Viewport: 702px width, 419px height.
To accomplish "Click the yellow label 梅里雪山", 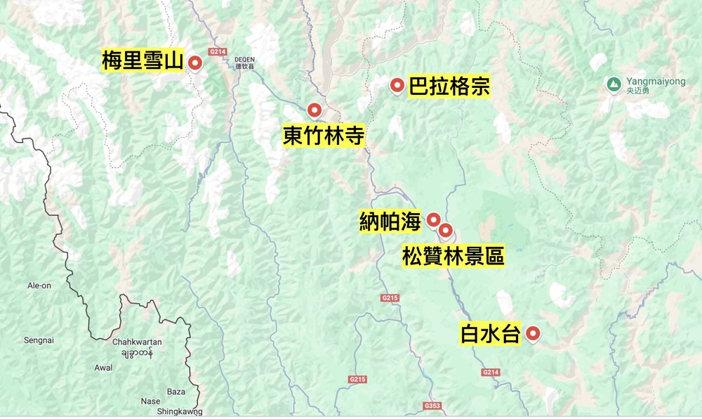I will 143,60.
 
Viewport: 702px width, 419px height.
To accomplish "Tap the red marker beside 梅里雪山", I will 197,64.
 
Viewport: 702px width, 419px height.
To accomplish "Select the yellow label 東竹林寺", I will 324,135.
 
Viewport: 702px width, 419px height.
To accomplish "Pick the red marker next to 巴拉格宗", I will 397,86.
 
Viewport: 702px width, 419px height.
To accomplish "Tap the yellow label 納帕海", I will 390,221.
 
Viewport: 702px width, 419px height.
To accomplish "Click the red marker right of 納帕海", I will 434,219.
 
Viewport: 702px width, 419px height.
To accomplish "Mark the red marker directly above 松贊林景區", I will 445,230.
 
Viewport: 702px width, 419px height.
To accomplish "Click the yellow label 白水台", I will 490,334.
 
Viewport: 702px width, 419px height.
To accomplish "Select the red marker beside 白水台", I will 534,335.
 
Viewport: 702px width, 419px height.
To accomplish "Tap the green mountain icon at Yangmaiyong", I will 613,84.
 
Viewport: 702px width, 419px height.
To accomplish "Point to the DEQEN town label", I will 244,59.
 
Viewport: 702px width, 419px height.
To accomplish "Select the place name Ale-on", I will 39,286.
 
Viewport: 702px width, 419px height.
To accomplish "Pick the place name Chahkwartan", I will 137,342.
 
